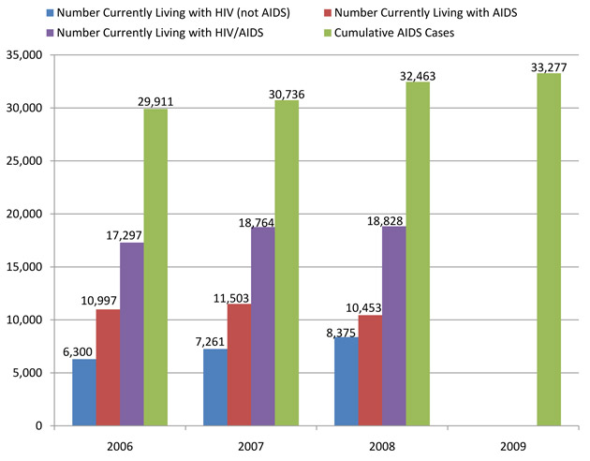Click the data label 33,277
[549, 65]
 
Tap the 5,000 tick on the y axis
[29, 373]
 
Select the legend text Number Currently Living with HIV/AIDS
[159, 32]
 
